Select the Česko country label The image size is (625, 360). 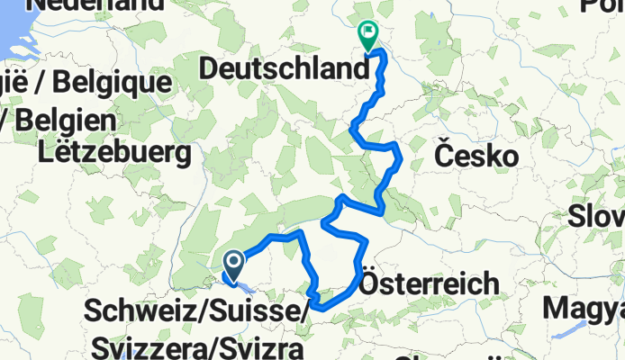click(x=476, y=157)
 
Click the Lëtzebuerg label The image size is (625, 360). click(x=115, y=153)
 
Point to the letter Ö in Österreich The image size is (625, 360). click(x=370, y=284)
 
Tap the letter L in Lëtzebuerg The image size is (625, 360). click(x=46, y=153)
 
